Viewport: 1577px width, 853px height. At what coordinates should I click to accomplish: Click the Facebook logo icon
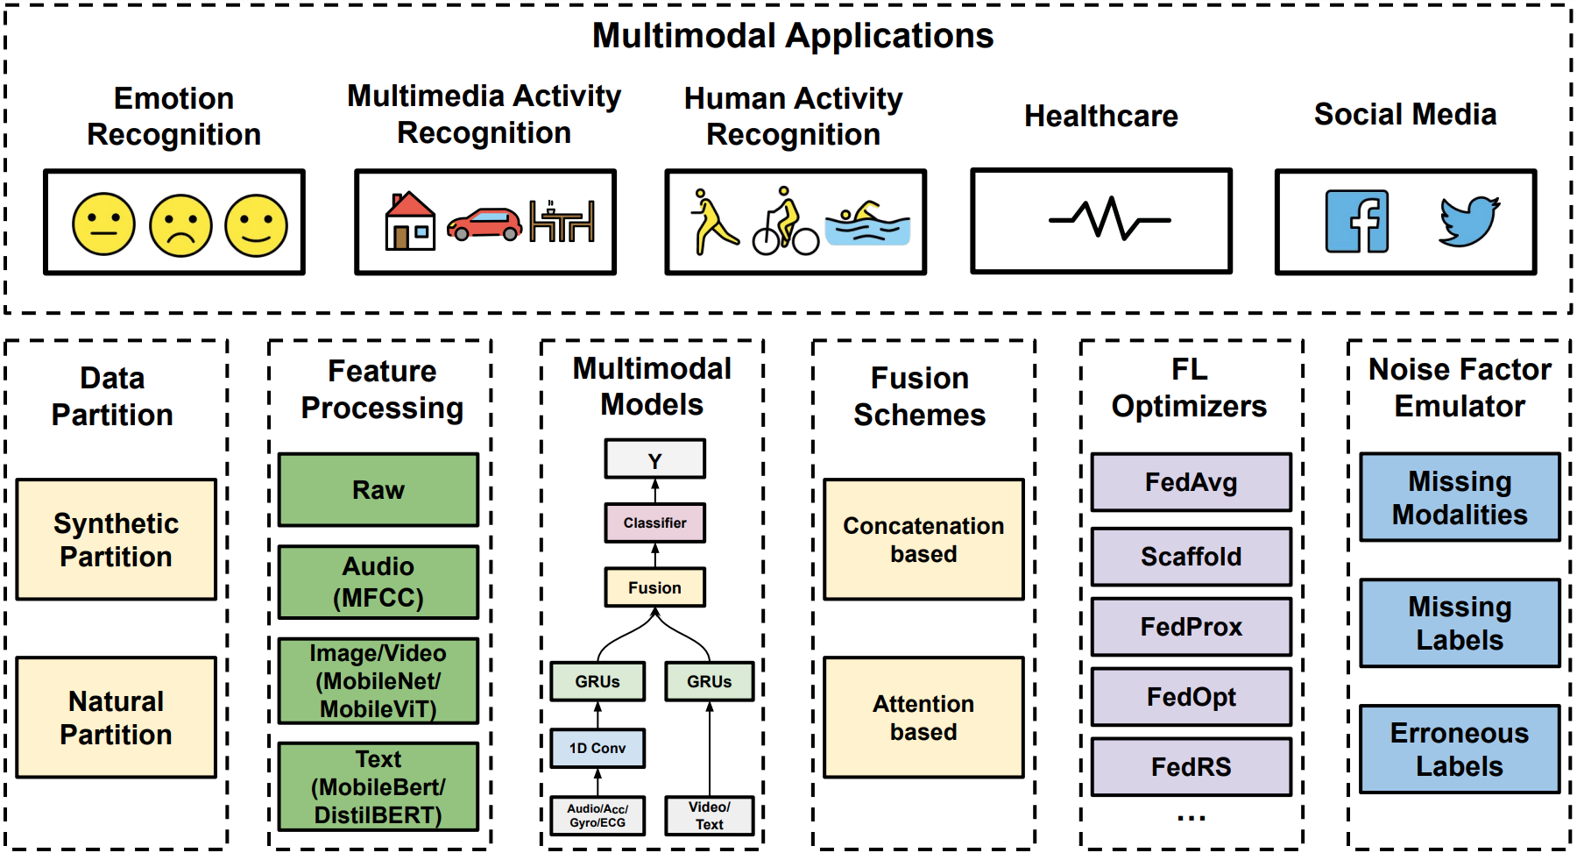[x=1356, y=222]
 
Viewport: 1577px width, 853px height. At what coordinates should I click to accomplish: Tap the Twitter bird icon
[x=1469, y=221]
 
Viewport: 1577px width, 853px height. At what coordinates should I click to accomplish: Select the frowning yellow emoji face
[x=180, y=225]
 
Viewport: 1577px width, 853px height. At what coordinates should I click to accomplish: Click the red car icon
[x=484, y=224]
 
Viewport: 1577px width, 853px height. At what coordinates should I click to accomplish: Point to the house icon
[x=410, y=221]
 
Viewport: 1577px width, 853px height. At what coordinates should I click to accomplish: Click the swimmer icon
[x=866, y=224]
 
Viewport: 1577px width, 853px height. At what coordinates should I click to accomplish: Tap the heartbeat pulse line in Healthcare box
[x=1109, y=219]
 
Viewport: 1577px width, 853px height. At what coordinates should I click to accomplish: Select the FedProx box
[x=1191, y=627]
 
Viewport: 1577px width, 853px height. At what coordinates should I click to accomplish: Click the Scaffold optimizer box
[x=1191, y=557]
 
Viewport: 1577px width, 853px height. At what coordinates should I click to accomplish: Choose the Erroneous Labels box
[x=1459, y=750]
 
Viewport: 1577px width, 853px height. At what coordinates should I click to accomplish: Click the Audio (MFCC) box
[x=378, y=582]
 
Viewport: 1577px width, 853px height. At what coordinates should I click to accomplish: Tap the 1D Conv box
[x=598, y=748]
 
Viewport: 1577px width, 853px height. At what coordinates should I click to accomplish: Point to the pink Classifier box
[x=654, y=522]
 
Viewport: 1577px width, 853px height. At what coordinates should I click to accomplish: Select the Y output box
[x=654, y=459]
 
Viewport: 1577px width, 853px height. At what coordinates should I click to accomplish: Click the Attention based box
[x=923, y=717]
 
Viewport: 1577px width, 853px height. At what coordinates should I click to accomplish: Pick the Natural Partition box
[x=116, y=717]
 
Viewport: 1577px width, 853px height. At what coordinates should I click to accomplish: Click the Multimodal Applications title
[x=793, y=36]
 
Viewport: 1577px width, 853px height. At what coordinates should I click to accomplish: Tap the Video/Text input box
[x=709, y=815]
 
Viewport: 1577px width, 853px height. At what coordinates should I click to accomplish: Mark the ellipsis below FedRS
[x=1191, y=818]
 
